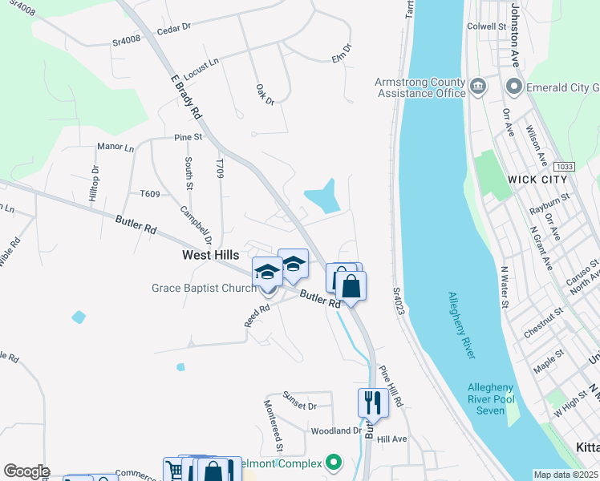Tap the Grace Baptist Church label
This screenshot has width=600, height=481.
click(204, 288)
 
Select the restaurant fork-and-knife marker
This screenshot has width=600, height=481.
click(372, 402)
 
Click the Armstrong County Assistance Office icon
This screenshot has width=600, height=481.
click(477, 85)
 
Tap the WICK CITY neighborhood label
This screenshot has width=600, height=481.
click(537, 179)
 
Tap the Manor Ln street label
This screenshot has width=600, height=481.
click(116, 148)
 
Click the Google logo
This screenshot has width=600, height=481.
click(26, 471)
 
